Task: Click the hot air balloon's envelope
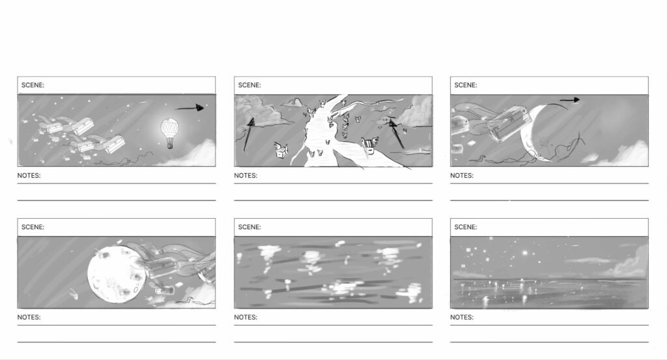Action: click(170, 128)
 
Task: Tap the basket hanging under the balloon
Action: click(170, 146)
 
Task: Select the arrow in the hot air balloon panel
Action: click(190, 108)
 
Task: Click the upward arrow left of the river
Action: click(248, 134)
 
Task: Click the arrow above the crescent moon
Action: click(569, 100)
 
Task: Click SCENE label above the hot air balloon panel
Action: click(33, 85)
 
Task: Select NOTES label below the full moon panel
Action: click(29, 317)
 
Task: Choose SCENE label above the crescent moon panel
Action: click(466, 85)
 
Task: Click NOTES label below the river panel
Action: click(246, 175)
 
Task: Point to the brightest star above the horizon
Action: click(526, 253)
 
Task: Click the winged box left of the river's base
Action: click(281, 150)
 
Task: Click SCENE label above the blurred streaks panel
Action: click(249, 227)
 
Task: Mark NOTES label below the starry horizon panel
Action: click(462, 317)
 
